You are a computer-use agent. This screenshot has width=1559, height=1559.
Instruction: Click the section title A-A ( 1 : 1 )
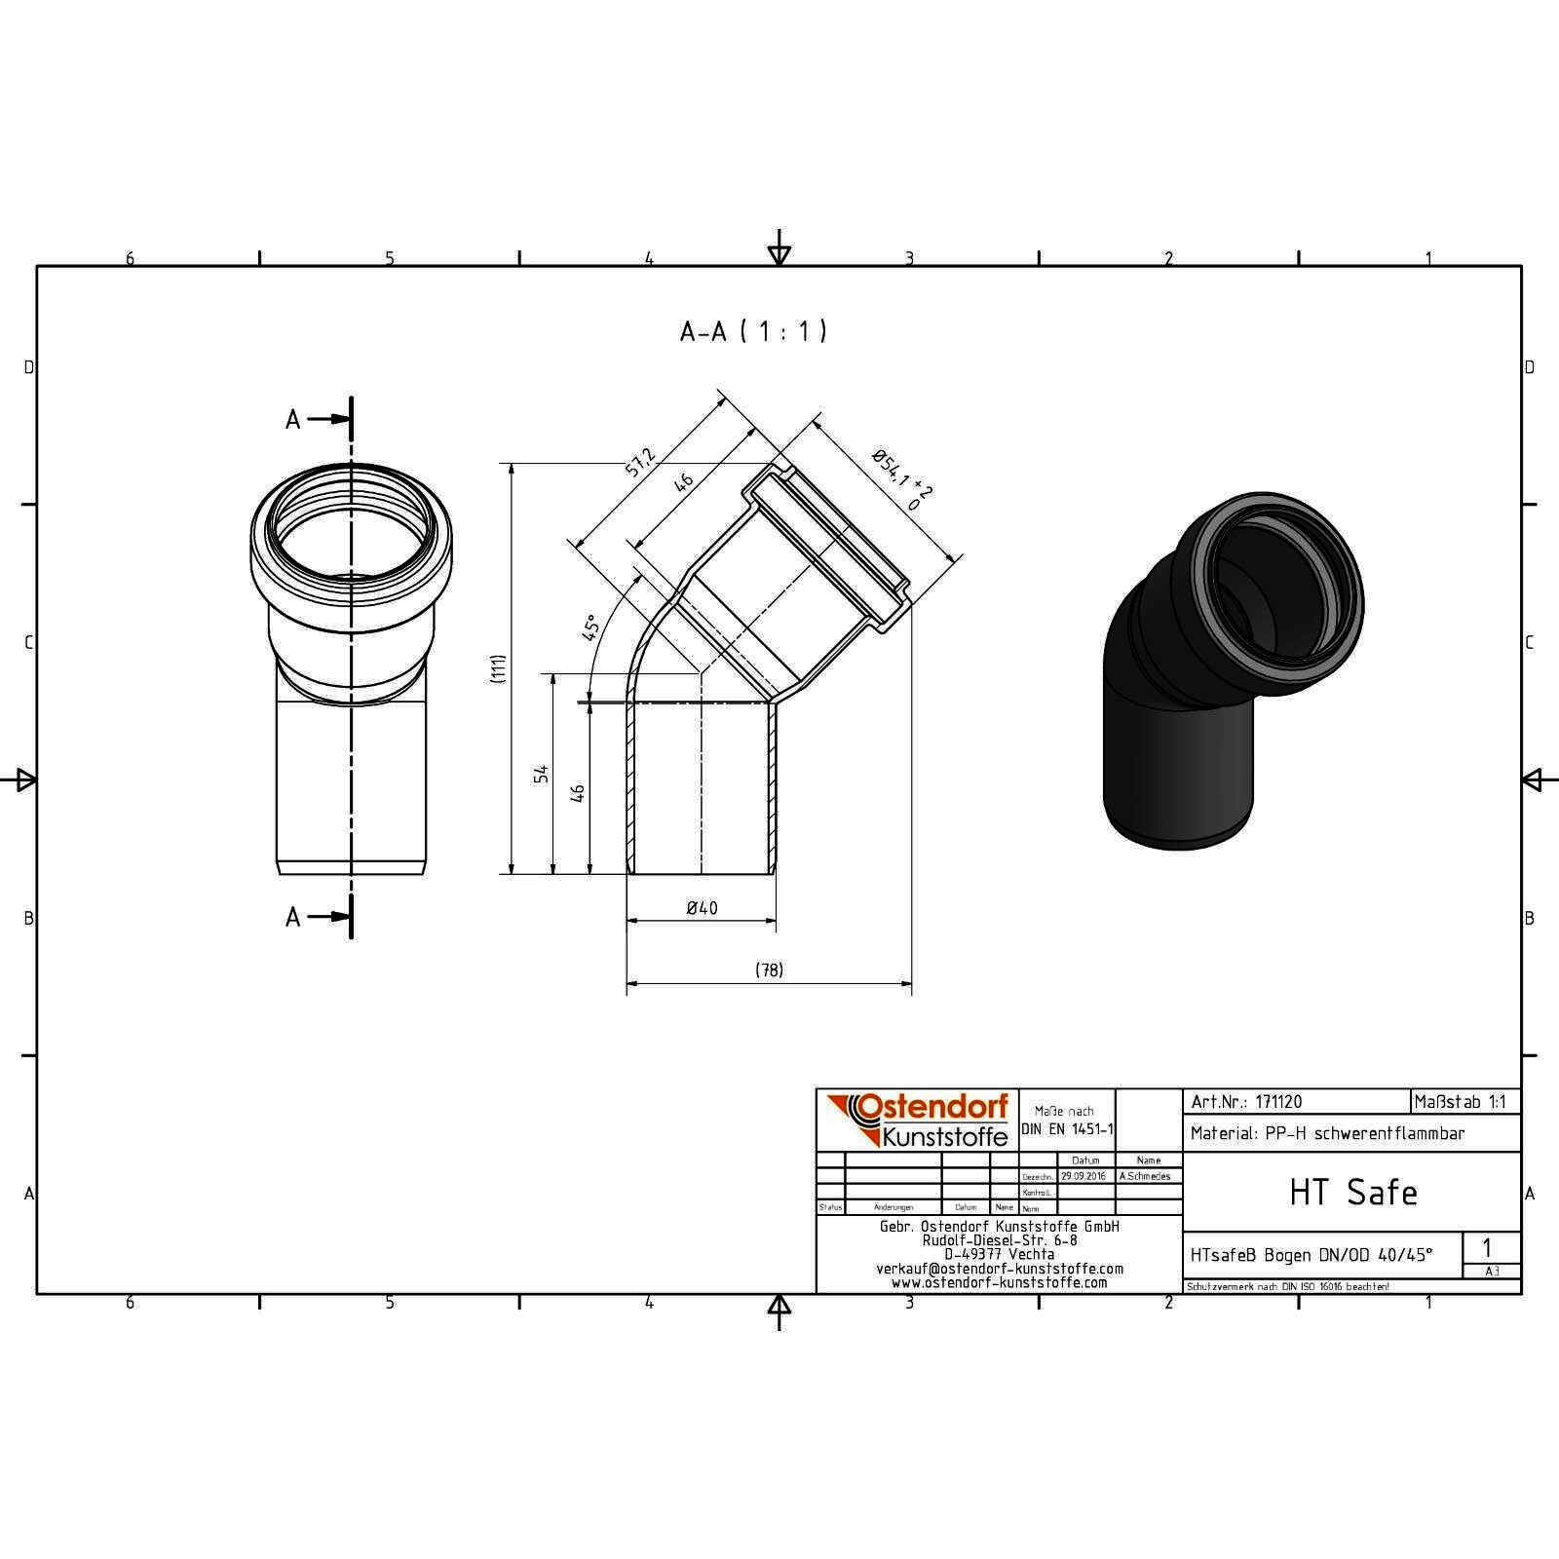(753, 332)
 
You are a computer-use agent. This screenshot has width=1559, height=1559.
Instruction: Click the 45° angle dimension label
(590, 627)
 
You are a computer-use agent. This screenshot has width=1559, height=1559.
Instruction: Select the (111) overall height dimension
(498, 667)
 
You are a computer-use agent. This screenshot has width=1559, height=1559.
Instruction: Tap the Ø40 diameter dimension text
(702, 908)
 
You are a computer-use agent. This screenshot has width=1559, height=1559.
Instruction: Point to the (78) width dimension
(769, 970)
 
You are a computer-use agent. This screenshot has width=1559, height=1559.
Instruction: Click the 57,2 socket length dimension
(640, 463)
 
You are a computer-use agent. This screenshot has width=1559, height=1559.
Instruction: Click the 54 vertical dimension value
(542, 773)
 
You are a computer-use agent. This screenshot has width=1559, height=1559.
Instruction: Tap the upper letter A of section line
(293, 420)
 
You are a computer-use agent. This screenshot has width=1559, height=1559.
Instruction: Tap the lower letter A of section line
(293, 917)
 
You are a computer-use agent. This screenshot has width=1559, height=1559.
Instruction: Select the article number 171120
(1277, 1102)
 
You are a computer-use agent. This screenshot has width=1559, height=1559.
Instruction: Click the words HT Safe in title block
(1352, 1193)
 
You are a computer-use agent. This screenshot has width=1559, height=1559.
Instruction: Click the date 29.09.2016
(1083, 1176)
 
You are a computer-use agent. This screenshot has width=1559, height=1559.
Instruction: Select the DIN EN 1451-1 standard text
(1067, 1129)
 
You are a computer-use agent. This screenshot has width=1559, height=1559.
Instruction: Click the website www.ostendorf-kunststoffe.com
(999, 1282)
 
